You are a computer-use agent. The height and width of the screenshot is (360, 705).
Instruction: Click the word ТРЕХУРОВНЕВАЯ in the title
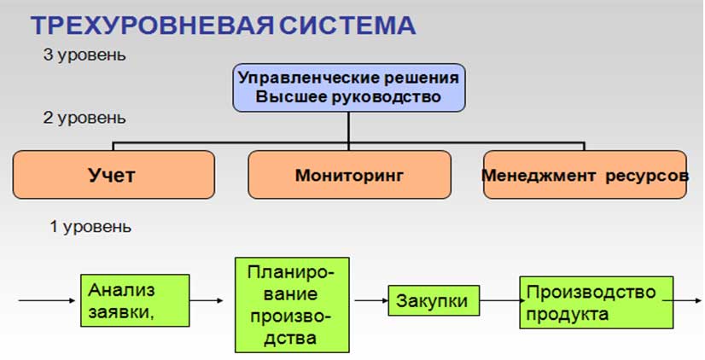[152, 26]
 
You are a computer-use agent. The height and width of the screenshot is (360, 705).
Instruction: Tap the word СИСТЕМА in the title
[347, 26]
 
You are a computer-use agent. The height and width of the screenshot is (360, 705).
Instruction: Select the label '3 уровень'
[84, 55]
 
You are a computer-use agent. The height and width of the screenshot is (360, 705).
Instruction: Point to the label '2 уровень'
[84, 119]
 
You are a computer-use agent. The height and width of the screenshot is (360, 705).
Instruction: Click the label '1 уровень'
[90, 227]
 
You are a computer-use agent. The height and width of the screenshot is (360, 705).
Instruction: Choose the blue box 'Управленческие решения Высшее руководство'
[349, 88]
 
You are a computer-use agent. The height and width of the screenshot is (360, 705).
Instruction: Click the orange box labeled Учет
[114, 175]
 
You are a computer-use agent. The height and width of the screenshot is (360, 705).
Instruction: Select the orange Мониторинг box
[349, 175]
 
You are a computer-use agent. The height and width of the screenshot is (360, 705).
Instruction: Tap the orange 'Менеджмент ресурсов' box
[585, 175]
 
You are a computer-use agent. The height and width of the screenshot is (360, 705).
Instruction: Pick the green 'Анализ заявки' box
[135, 300]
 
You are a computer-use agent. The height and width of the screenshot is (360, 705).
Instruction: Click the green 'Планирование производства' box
[292, 305]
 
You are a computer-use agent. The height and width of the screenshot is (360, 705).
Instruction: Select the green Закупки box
[434, 300]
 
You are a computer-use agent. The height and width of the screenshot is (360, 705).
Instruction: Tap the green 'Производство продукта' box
[597, 303]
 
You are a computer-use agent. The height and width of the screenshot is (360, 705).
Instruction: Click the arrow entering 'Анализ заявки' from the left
[47, 300]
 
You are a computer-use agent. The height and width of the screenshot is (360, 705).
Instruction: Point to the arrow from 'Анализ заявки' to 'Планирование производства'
[207, 300]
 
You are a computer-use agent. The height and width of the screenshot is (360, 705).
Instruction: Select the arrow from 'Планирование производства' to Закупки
[371, 300]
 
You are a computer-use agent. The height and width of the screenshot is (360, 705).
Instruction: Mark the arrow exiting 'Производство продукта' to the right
[683, 300]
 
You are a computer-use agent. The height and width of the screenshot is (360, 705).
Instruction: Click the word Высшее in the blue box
[292, 97]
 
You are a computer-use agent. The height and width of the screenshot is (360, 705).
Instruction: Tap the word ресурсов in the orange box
[647, 176]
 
